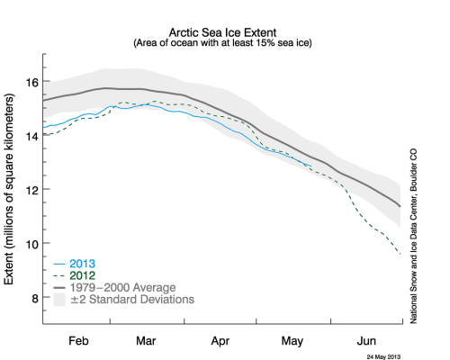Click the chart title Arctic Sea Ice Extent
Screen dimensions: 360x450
point(222,31)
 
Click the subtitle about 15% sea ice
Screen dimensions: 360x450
point(222,42)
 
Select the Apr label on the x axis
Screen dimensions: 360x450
point(221,343)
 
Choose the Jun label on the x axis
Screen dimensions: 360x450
point(364,343)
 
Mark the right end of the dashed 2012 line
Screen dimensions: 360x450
point(400,255)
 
